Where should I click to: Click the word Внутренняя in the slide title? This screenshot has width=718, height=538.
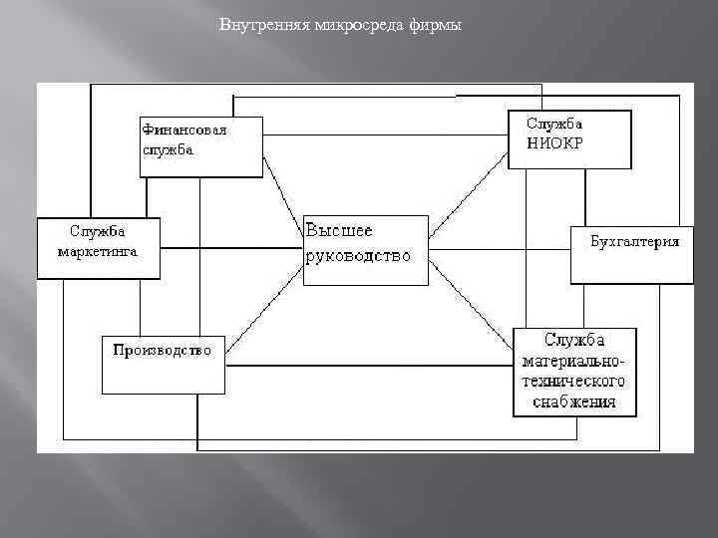253,25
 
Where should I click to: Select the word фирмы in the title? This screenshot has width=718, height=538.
435,25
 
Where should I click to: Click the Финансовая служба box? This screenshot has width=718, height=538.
200,146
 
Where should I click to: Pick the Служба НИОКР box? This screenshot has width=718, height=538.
569,138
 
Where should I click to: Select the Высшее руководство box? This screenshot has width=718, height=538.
365,250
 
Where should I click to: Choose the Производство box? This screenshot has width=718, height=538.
163,365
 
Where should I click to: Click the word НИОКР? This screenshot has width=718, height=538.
555,142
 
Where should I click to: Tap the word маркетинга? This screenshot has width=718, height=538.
97,252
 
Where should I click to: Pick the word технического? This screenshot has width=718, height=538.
573,382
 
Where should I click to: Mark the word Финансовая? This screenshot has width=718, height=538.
184,130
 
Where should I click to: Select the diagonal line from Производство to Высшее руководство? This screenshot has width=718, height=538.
264,319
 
